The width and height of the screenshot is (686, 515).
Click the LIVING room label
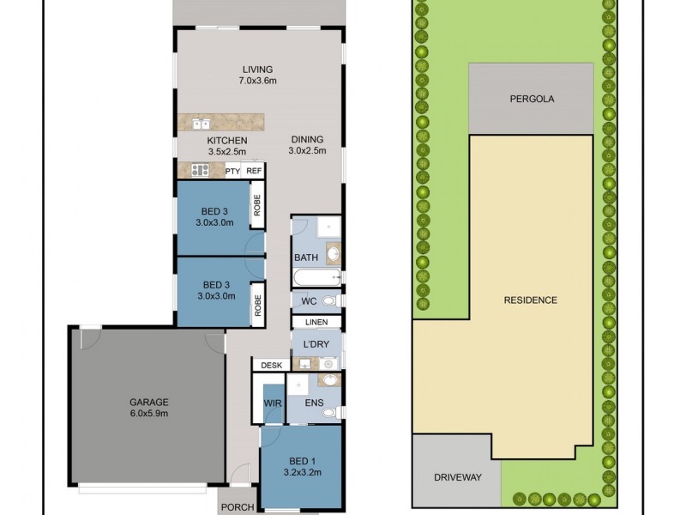pyautogui.click(x=257, y=70)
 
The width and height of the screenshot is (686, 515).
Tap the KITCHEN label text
pyautogui.click(x=227, y=141)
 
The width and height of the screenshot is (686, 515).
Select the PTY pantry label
pyautogui.click(x=232, y=171)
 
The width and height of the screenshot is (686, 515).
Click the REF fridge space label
pyautogui.click(x=253, y=171)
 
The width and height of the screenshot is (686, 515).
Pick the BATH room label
pyautogui.click(x=306, y=257)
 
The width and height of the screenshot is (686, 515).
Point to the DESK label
pyautogui.click(x=272, y=366)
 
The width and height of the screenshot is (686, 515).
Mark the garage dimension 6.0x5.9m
pyautogui.click(x=148, y=413)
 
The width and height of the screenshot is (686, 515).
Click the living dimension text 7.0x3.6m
pyautogui.click(x=257, y=81)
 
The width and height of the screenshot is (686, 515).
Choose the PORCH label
pyautogui.click(x=238, y=507)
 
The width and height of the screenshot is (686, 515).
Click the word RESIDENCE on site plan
pyautogui.click(x=531, y=300)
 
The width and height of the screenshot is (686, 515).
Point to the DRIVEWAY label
pyautogui.click(x=456, y=477)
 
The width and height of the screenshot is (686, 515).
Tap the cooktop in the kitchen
pyautogui.click(x=200, y=170)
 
